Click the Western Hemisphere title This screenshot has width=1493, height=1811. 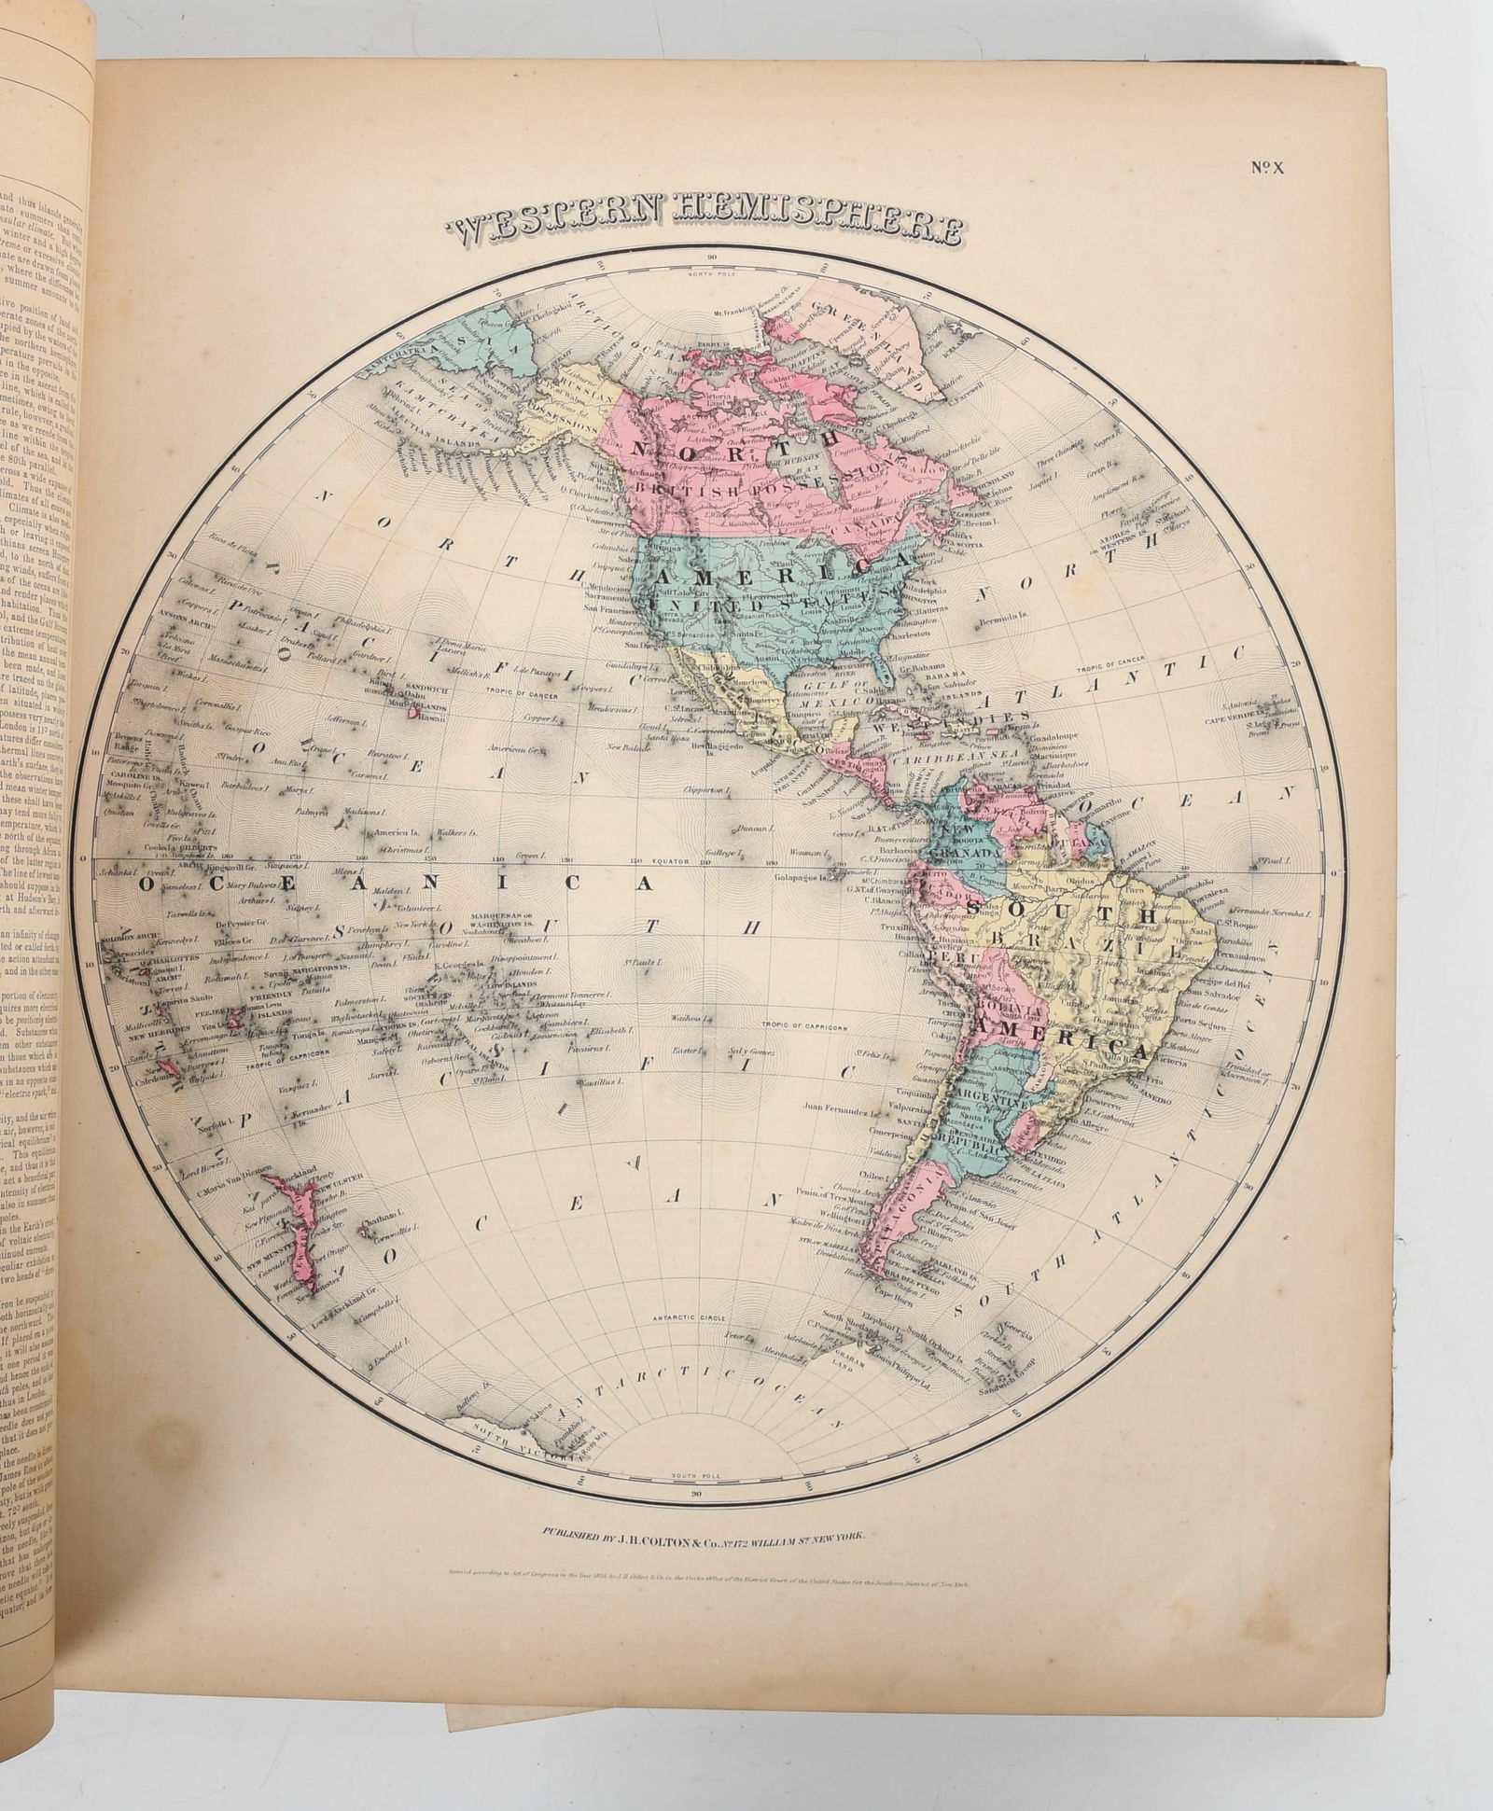(x=705, y=227)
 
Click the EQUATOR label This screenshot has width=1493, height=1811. (x=650, y=862)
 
